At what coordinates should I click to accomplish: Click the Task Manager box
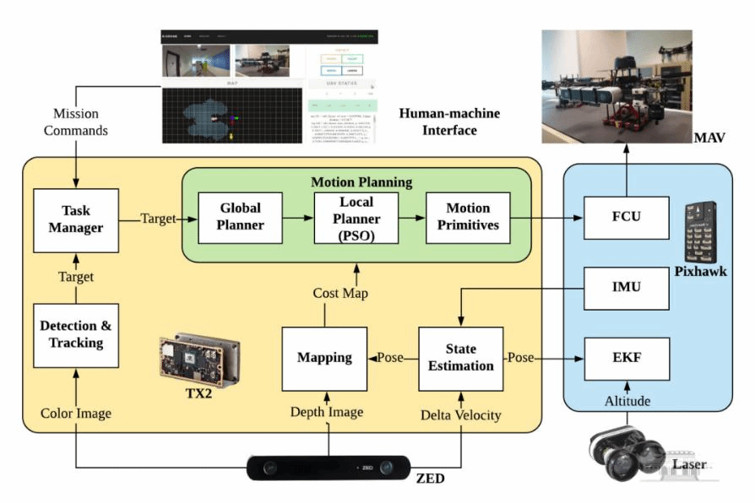tap(75, 219)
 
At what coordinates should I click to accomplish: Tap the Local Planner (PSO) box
tap(355, 218)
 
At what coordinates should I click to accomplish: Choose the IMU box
tap(626, 288)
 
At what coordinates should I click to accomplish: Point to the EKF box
tap(626, 359)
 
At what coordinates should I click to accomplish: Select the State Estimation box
tap(460, 358)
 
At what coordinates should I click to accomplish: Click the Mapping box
tap(324, 358)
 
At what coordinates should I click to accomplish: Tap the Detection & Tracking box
tap(75, 334)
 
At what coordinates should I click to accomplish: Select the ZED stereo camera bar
tap(328, 468)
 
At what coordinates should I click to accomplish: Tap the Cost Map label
tap(336, 293)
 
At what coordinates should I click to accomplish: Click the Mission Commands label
tap(76, 122)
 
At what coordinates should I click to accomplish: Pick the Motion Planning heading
tap(361, 181)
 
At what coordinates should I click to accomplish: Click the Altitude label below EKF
tap(626, 402)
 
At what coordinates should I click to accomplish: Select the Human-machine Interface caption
tap(448, 122)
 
